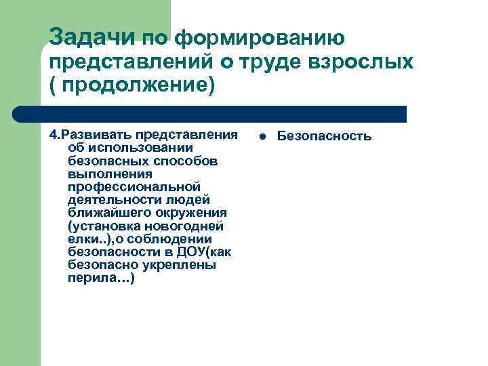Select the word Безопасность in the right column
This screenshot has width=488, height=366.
tap(324, 136)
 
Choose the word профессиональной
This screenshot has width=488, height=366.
tap(134, 186)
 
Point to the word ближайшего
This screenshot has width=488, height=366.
tap(106, 212)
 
